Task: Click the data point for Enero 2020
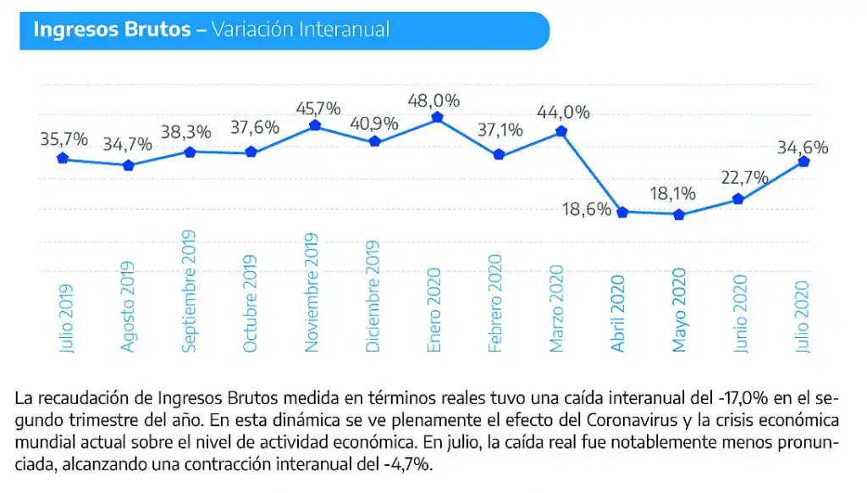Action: [437, 118]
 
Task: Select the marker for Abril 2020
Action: [622, 212]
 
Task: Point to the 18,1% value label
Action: [673, 194]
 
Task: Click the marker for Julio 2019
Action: [63, 158]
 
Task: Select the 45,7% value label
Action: [318, 108]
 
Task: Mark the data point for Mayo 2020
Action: [678, 215]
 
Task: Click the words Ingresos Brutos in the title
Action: [112, 30]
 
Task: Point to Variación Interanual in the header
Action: [301, 30]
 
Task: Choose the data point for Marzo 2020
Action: [561, 132]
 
